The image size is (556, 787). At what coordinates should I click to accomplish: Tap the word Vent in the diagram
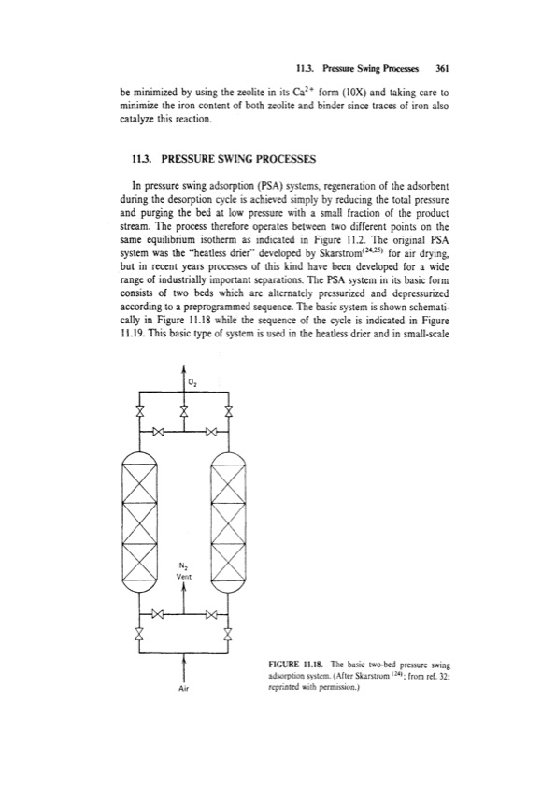[185, 577]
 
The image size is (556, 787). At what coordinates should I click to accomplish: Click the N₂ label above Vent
[185, 565]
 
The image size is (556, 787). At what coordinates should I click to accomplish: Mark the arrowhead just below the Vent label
[184, 590]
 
